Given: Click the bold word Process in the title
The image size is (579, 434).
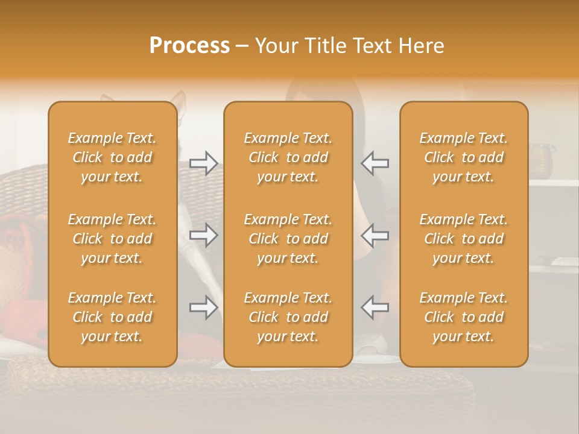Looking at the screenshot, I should (189, 46).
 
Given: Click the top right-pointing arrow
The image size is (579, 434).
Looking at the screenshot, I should (204, 163).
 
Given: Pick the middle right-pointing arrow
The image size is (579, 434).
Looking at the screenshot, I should (204, 235).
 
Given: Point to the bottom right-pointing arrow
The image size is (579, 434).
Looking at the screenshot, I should (204, 307).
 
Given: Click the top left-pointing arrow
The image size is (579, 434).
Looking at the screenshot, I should (375, 163).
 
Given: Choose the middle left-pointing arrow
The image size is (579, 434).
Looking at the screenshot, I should (375, 235).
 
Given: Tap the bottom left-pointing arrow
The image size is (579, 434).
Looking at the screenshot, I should (375, 307).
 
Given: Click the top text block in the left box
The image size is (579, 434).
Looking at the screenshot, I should (112, 157).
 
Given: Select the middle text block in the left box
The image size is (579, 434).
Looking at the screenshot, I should (112, 239).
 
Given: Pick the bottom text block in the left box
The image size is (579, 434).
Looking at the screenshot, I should (112, 317).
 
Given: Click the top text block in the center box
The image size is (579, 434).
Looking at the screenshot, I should (288, 157).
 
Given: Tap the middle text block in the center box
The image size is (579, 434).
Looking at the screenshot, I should (288, 239).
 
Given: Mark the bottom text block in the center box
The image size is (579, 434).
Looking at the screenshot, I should (288, 317).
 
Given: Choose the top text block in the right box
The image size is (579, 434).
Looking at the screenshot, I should (464, 157).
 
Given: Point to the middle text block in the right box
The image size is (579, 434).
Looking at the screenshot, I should (464, 239).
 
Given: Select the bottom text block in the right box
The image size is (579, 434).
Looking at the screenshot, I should (464, 317).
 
